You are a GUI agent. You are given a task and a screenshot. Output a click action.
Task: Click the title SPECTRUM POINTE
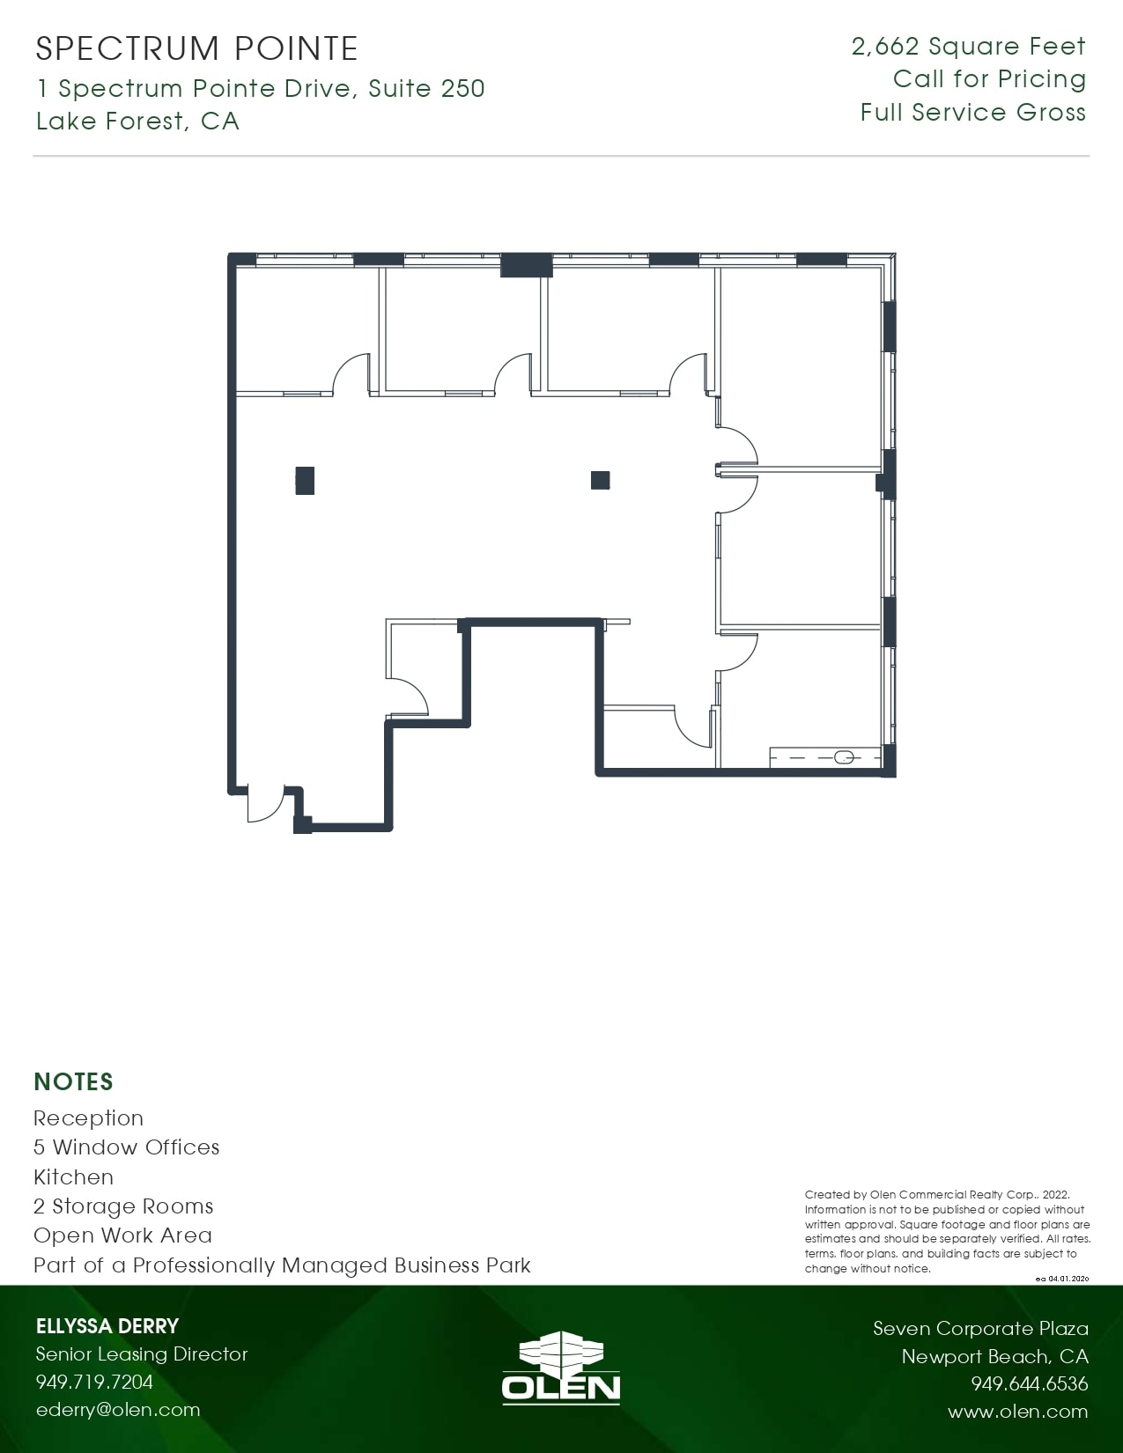(x=196, y=49)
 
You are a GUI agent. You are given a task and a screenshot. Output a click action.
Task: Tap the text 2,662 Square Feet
(x=968, y=47)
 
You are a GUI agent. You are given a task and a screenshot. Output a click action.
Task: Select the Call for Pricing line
(x=989, y=79)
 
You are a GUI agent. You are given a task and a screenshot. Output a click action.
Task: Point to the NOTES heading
(x=73, y=1081)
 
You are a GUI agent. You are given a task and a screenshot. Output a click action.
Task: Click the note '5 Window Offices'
(x=126, y=1147)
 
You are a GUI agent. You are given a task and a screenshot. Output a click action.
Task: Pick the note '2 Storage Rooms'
(x=123, y=1206)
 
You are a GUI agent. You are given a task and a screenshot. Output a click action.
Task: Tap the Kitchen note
(x=73, y=1177)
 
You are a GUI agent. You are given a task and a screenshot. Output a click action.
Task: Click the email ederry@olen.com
(x=118, y=1410)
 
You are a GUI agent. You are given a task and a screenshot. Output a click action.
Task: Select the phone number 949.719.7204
(x=94, y=1382)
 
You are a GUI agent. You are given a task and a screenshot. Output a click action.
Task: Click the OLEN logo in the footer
(x=561, y=1367)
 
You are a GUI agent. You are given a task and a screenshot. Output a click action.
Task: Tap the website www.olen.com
(x=1017, y=1412)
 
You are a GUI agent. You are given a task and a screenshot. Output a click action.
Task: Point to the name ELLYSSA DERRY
(x=107, y=1326)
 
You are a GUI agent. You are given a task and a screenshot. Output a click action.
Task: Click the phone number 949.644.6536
(x=1029, y=1384)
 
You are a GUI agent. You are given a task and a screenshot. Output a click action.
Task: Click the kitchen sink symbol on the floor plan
(x=844, y=757)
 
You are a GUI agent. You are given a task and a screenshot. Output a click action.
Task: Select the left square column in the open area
(x=305, y=481)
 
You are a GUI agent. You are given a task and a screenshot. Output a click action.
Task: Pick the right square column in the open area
(x=600, y=480)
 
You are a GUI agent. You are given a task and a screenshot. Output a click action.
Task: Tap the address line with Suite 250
(x=261, y=89)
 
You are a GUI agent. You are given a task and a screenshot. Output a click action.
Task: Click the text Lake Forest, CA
(x=137, y=121)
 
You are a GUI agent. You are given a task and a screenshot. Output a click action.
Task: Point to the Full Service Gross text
(x=972, y=113)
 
